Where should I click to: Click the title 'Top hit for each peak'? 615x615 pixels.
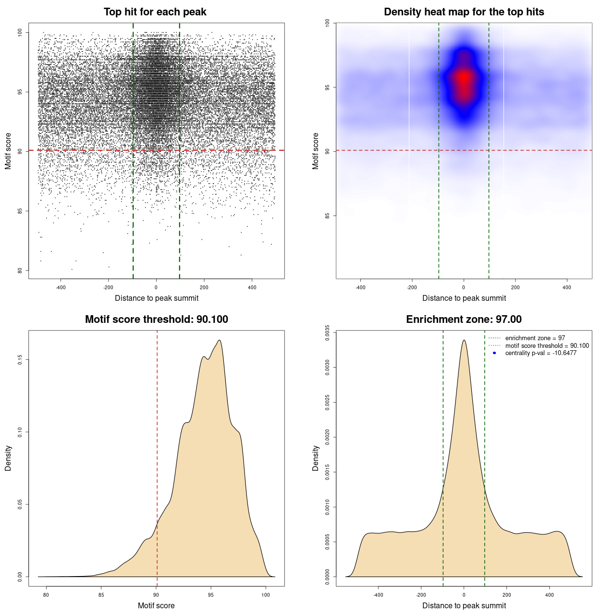tap(155, 12)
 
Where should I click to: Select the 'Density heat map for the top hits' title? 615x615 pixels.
tap(464, 12)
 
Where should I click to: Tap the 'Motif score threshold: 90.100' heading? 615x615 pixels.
tap(156, 320)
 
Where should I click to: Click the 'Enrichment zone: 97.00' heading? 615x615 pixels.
tap(464, 320)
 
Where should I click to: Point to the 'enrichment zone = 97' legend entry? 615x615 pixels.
tap(535, 338)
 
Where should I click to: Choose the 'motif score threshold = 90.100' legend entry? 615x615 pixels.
tap(547, 345)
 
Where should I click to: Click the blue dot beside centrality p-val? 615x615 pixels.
tap(494, 353)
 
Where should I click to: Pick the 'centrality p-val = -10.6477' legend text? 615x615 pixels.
tap(541, 353)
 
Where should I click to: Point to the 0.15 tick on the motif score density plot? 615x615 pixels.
tap(20, 359)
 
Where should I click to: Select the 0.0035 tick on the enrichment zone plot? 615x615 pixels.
tap(327, 332)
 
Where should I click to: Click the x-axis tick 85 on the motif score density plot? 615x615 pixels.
tap(101, 595)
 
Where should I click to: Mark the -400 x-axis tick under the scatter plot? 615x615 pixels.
tap(61, 287)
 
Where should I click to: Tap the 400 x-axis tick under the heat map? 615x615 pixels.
tap(567, 287)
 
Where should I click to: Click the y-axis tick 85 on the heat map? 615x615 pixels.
tap(327, 215)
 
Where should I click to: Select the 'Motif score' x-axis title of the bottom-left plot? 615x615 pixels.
tap(156, 605)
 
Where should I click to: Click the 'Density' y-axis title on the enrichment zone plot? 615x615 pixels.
tap(316, 458)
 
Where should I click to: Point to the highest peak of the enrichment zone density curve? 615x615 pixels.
tap(464, 340)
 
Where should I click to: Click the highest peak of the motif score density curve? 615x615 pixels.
tap(220, 340)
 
